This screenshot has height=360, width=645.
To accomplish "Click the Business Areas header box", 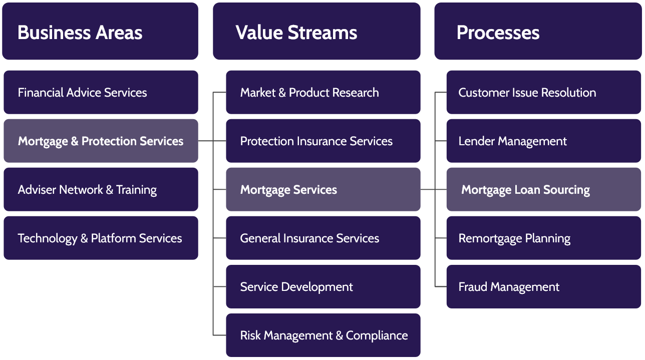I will [x=100, y=32].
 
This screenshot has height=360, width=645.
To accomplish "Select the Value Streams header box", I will [x=316, y=32].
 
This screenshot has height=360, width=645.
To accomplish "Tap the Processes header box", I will [x=538, y=32].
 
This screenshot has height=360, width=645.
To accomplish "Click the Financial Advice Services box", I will [x=101, y=93].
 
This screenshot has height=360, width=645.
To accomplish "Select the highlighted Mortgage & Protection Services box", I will [x=101, y=141].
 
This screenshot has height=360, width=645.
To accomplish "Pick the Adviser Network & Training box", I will [x=101, y=190].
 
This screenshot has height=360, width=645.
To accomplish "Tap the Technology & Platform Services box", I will [x=101, y=238].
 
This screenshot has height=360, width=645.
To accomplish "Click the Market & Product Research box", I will [x=323, y=93].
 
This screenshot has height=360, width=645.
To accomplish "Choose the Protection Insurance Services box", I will [x=323, y=141].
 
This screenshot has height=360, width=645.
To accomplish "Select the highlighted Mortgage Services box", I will [x=323, y=190].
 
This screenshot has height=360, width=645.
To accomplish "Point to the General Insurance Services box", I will [x=323, y=238].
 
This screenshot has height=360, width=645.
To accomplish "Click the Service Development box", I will [x=323, y=287].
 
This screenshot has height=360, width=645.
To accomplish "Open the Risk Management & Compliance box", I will [x=323, y=335].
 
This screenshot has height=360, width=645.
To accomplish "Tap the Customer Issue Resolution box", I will [x=543, y=93].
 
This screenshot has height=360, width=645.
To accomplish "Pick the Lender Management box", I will [x=543, y=141].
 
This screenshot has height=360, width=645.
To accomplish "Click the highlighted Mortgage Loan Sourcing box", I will [x=543, y=190].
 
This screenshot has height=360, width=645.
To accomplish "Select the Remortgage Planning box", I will [x=543, y=238].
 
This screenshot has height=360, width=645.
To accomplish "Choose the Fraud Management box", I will [x=543, y=287].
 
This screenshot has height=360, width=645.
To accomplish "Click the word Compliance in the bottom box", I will [x=377, y=336].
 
